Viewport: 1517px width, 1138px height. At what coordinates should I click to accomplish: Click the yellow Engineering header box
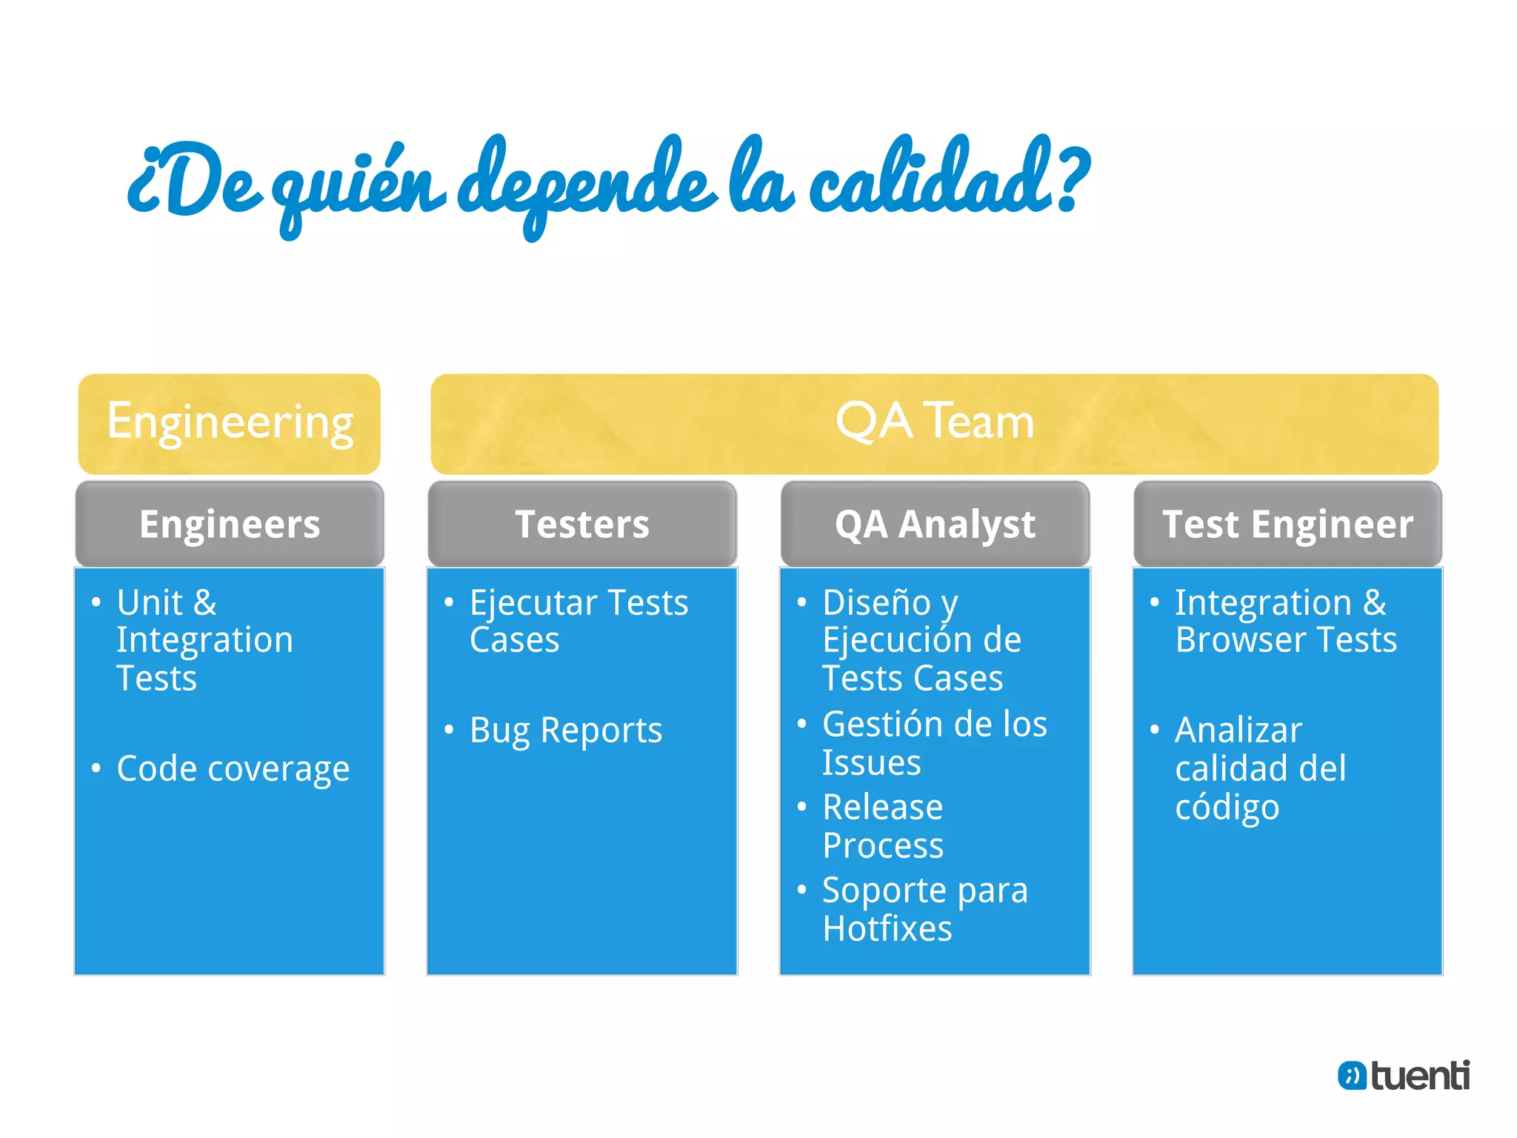(229, 423)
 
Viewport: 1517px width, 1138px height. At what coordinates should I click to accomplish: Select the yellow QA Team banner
(934, 423)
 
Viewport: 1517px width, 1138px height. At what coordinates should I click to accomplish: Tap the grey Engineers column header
(229, 524)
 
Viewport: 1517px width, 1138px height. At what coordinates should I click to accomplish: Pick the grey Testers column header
(581, 524)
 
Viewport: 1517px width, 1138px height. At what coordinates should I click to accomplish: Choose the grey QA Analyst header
(934, 524)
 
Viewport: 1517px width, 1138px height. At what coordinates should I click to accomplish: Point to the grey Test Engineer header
(1287, 524)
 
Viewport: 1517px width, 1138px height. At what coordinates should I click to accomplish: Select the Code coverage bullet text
(233, 769)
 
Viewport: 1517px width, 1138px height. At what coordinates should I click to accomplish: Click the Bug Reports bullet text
(566, 731)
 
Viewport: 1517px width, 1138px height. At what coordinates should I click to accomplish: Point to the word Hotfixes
(887, 928)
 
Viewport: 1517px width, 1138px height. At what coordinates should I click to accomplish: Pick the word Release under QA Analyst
(882, 807)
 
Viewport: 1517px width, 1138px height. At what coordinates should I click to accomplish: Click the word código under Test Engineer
(1227, 808)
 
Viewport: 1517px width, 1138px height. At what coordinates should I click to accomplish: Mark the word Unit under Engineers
(150, 602)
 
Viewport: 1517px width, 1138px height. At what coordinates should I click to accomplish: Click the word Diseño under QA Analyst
(876, 602)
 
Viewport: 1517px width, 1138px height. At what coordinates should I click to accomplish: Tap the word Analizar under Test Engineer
(1238, 731)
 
